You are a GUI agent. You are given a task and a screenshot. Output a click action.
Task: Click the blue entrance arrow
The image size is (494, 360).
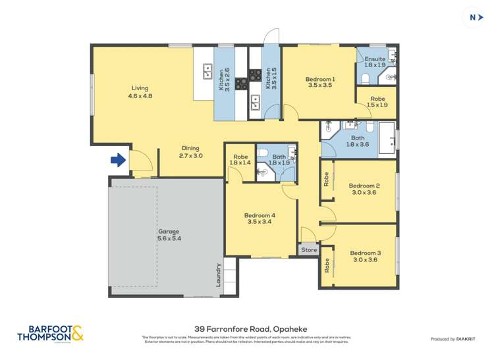coord(117,159)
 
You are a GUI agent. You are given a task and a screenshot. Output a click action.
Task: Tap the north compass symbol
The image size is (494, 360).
coord(472,18)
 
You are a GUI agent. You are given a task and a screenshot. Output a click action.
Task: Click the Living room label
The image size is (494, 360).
coord(140,92)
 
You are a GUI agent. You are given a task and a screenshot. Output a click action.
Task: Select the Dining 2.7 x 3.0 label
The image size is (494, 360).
coord(190,152)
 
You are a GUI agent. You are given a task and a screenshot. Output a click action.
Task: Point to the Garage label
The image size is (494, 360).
coord(169,235)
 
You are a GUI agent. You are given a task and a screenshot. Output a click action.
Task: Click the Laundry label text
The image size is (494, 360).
coord(218,274)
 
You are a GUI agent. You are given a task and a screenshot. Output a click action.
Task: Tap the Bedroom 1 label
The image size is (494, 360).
coord(319,82)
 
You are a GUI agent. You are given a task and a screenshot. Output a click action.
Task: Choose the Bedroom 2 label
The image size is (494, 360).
coord(364,189)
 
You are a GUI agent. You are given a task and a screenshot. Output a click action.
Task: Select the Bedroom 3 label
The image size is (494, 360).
coord(365,256)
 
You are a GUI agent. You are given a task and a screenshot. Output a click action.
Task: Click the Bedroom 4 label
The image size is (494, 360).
coord(259,219)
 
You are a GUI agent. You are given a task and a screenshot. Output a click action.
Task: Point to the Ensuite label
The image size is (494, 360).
coord(375,62)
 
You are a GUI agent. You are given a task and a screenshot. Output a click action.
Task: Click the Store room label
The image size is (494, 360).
coord(309,250)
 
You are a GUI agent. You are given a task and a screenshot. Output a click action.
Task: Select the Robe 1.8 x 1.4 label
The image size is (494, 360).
coord(240,159)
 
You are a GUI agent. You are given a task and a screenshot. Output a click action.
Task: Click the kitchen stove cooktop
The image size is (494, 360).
coord(242,84)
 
